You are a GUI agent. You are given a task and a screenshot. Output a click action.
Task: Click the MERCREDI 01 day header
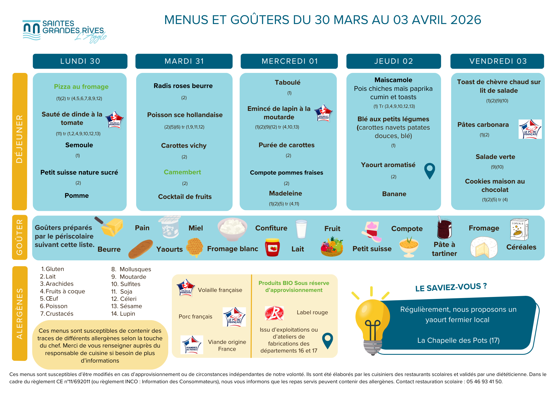(x=289, y=61)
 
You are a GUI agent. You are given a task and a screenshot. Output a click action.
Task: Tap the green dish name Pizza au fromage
(x=81, y=87)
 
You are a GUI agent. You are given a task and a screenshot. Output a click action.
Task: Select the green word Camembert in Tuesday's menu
(x=182, y=172)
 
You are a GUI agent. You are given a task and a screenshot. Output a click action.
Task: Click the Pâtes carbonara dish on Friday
(x=483, y=125)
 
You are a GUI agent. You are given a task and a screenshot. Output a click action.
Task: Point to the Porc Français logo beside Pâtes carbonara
(x=530, y=129)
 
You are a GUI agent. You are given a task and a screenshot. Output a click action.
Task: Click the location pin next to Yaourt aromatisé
(x=429, y=171)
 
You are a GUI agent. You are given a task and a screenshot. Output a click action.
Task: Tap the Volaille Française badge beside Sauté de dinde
(x=114, y=119)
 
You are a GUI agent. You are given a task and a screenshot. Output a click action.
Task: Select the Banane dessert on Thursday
(x=394, y=194)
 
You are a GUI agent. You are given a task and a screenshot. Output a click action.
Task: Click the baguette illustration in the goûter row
(x=141, y=248)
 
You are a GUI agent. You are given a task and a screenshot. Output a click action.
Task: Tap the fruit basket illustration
(x=332, y=247)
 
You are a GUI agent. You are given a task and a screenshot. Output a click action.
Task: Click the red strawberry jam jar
(x=272, y=247)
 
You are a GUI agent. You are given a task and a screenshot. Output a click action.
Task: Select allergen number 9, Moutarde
(x=129, y=277)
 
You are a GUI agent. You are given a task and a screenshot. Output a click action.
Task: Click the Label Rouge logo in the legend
(x=274, y=313)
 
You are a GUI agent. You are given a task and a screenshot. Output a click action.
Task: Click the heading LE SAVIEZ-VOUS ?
(x=451, y=287)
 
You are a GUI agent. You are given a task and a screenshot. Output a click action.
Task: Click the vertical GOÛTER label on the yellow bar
(x=20, y=237)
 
